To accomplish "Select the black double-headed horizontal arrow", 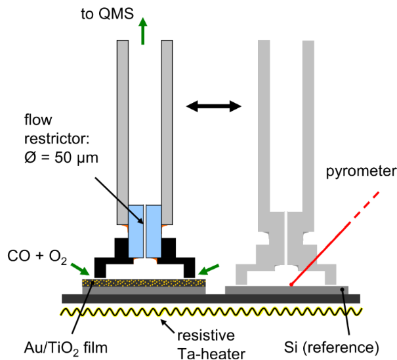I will [x=213, y=104].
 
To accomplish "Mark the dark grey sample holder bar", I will [x=210, y=298].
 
